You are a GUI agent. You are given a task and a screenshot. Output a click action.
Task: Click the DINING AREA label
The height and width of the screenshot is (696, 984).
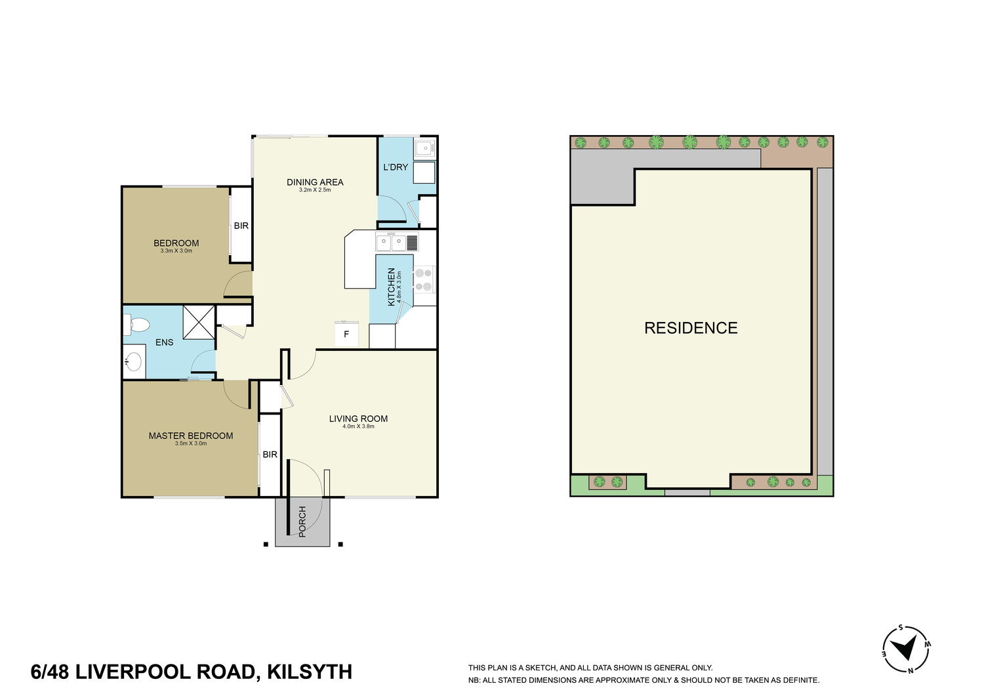click(x=315, y=182)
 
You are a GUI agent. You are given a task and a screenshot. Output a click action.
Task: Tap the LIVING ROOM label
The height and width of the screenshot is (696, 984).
click(x=358, y=419)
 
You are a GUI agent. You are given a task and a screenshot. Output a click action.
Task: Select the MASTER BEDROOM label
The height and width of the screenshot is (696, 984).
click(x=191, y=436)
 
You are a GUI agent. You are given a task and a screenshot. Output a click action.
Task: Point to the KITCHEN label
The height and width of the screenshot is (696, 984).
click(x=391, y=287)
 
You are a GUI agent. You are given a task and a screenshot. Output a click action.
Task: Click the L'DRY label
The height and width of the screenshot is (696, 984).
click(x=396, y=167)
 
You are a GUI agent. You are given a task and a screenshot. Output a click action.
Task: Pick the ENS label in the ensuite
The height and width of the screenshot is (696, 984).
click(x=164, y=342)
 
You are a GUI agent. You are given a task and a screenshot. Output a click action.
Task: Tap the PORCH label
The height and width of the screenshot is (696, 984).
click(x=302, y=522)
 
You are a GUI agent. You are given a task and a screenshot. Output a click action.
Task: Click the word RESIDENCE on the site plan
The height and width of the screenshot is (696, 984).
click(x=691, y=328)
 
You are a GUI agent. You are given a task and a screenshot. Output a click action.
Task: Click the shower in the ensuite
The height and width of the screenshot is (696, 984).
click(x=199, y=323)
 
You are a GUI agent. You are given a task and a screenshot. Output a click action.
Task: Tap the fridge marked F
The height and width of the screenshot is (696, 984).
click(x=346, y=334)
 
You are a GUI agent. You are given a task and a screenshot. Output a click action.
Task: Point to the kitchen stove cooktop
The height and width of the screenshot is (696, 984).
click(x=424, y=280)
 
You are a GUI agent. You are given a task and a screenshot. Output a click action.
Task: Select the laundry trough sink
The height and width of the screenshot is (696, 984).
click(x=424, y=148)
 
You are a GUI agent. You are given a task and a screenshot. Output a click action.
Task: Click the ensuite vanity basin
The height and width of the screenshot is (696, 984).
click(x=134, y=362)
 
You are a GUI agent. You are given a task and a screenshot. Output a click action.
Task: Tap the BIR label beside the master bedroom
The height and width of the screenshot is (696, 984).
click(x=270, y=455)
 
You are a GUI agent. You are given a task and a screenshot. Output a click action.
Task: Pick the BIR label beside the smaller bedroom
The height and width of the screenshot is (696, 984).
click(x=241, y=226)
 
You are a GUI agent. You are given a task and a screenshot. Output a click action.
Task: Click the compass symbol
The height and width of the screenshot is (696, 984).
click(x=907, y=649)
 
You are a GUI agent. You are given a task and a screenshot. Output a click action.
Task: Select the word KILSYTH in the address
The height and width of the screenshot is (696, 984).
click(x=310, y=672)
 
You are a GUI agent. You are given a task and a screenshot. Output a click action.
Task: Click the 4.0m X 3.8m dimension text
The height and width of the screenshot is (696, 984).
click(x=358, y=426)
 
